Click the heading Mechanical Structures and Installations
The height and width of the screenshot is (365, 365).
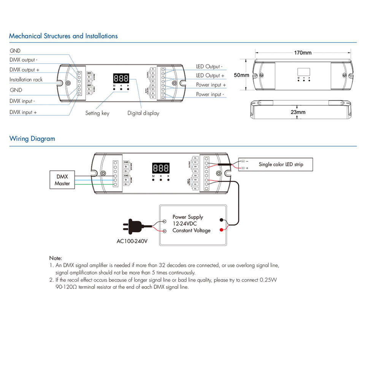click(x=63, y=36)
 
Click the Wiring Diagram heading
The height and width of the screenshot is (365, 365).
click(x=32, y=139)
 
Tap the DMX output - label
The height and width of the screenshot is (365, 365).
click(x=23, y=60)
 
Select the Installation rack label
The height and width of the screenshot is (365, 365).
click(x=26, y=80)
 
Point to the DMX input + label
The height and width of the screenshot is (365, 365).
click(x=23, y=113)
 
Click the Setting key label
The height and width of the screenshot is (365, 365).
click(x=97, y=113)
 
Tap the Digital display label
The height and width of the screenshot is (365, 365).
click(x=143, y=113)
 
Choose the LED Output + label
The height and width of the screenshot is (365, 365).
click(x=210, y=76)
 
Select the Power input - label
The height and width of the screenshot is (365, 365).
click(x=210, y=94)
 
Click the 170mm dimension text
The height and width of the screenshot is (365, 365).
click(x=302, y=53)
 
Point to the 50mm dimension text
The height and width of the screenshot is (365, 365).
click(x=241, y=75)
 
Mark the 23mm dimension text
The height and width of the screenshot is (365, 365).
click(x=298, y=112)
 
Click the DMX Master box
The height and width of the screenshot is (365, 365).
click(x=62, y=180)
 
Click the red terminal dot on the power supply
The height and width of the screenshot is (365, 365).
click(x=221, y=230)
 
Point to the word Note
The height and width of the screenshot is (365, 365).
click(x=56, y=258)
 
